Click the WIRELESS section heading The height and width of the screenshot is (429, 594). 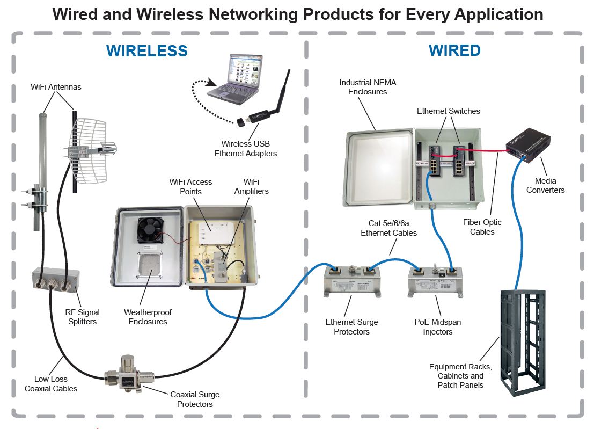pyautogui.click(x=146, y=51)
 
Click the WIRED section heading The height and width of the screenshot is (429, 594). pyautogui.click(x=454, y=50)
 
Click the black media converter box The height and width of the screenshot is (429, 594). pyautogui.click(x=529, y=144)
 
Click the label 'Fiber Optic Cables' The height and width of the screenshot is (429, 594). pyautogui.click(x=482, y=227)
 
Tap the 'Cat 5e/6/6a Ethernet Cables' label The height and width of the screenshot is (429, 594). pyautogui.click(x=388, y=228)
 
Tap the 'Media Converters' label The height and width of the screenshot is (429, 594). pyautogui.click(x=545, y=185)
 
